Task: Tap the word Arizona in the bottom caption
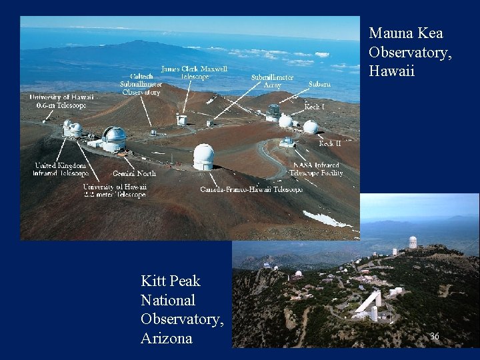[x=166, y=338]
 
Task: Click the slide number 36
[x=435, y=337]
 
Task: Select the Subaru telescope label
[x=319, y=85]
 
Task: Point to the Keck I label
[x=315, y=106]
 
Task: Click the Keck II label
[x=329, y=143]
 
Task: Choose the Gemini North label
[x=134, y=173]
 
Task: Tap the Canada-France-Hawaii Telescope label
[x=251, y=189]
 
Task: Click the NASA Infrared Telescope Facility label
[x=316, y=169]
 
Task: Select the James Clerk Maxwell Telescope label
[x=194, y=72]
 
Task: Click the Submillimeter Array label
[x=272, y=81]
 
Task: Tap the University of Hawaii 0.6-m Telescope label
[x=61, y=101]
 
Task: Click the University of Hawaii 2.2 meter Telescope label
[x=115, y=191]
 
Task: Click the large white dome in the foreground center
[x=203, y=157]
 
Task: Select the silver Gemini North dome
[x=114, y=136]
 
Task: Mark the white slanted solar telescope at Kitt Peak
[x=367, y=303]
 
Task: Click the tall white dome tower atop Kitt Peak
[x=413, y=241]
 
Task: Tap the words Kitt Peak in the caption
[x=170, y=281]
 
